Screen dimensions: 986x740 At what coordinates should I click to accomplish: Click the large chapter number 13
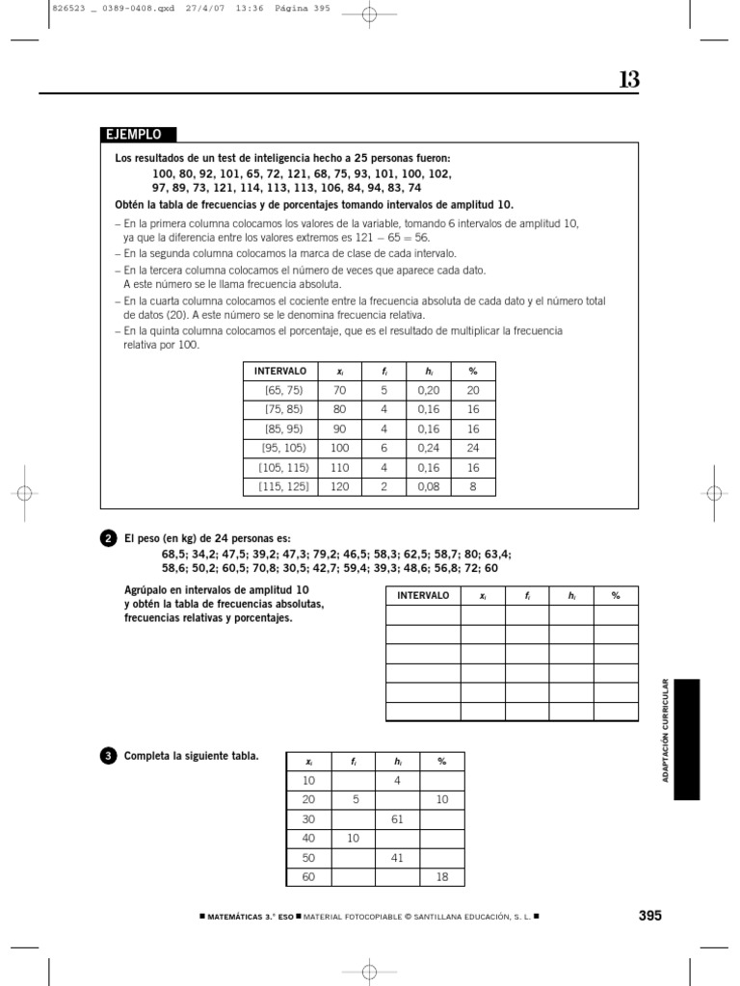(x=628, y=80)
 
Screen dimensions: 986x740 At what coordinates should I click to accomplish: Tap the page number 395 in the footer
(x=650, y=916)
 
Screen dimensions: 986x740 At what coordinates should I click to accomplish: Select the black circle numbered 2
(x=108, y=539)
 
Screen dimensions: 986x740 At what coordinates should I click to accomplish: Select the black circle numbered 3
(x=108, y=756)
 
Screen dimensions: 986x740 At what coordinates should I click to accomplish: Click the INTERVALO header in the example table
(x=279, y=371)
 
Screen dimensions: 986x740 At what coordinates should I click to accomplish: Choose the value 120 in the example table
(x=339, y=486)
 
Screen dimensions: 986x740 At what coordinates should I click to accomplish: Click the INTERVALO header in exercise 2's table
(x=423, y=595)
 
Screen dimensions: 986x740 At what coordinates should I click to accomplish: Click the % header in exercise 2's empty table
(x=615, y=595)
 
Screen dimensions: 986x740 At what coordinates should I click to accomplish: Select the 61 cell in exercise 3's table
(x=397, y=818)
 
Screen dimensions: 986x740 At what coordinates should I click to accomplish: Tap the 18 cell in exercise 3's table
(x=442, y=876)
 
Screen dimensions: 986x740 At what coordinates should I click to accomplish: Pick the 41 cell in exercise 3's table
(x=397, y=857)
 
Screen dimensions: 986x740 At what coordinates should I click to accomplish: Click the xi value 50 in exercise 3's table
(x=308, y=857)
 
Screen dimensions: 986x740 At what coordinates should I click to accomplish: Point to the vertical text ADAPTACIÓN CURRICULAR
(x=665, y=729)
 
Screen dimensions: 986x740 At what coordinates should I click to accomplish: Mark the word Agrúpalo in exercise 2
(x=146, y=588)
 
